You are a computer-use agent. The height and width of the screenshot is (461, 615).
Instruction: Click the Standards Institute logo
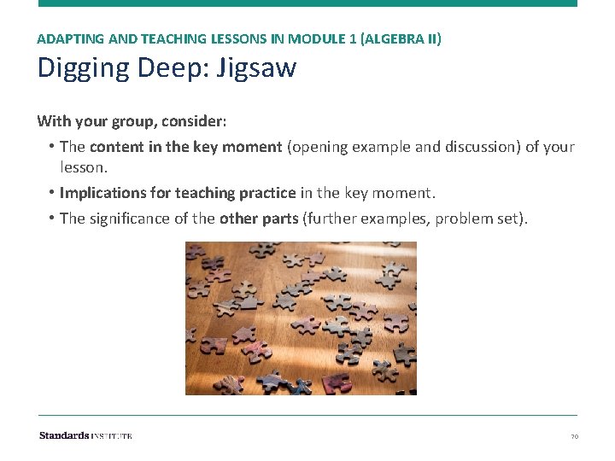pyautogui.click(x=85, y=435)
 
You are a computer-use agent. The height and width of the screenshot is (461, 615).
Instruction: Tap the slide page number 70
pyautogui.click(x=574, y=436)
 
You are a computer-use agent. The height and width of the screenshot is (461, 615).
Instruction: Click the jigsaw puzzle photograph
pyautogui.click(x=301, y=318)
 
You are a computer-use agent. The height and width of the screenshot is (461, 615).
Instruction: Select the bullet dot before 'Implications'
pyautogui.click(x=52, y=193)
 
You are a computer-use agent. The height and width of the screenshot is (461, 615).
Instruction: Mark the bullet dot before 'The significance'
pyautogui.click(x=52, y=219)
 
